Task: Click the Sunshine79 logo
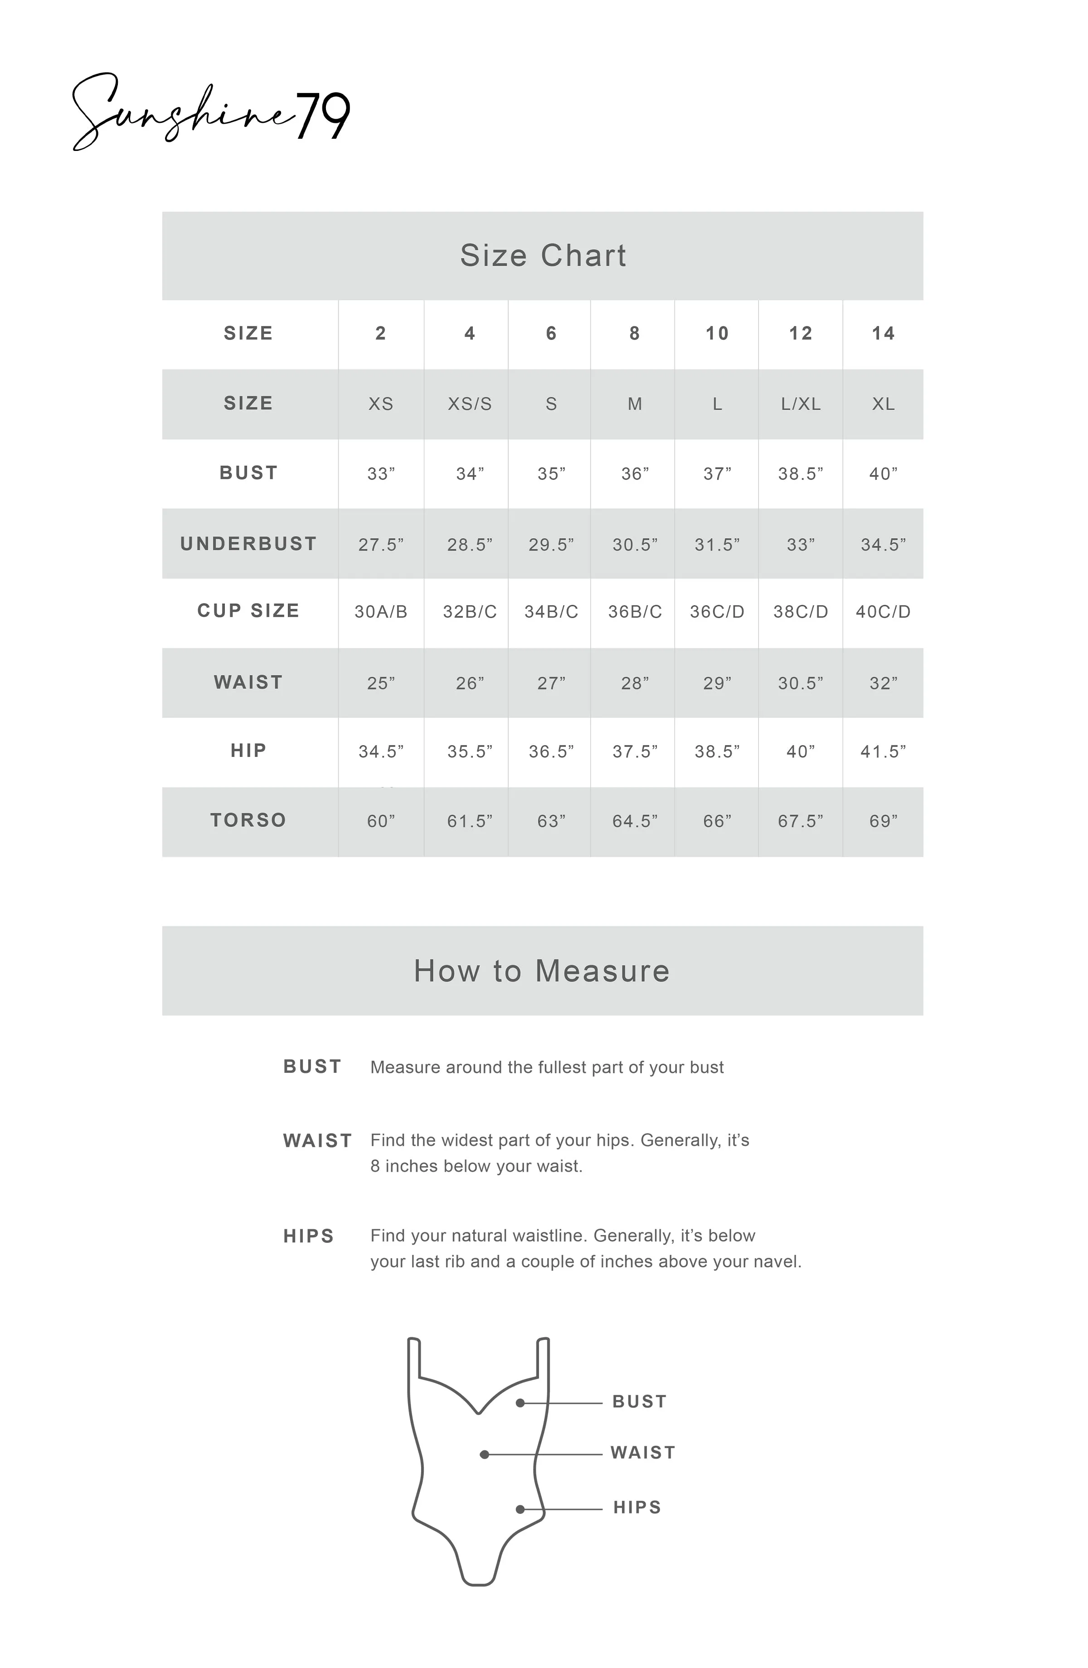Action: click(210, 112)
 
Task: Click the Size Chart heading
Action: click(543, 255)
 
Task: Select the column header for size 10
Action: click(716, 334)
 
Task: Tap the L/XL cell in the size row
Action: click(800, 404)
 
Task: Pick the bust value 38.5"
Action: click(800, 474)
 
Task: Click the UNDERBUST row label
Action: click(248, 544)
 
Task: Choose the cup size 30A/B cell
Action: click(381, 612)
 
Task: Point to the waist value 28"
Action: click(634, 684)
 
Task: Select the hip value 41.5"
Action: click(883, 752)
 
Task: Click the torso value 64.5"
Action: click(634, 821)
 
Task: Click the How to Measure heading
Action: click(542, 971)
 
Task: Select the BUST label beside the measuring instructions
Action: click(312, 1067)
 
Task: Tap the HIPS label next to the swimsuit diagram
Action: click(636, 1508)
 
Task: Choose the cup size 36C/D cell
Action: click(716, 612)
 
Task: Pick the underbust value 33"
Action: click(800, 544)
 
